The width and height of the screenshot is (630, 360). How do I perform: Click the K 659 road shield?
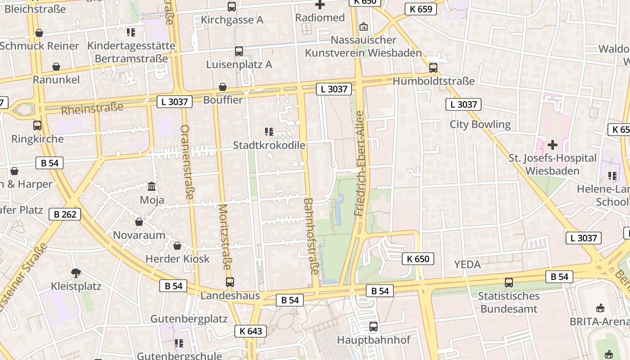[x=421, y=9]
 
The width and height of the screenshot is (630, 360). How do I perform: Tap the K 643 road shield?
[x=251, y=331]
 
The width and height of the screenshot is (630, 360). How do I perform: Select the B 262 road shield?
[x=65, y=214]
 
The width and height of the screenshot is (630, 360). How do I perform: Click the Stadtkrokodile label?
[x=269, y=145]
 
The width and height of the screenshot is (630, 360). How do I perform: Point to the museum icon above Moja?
[x=152, y=186]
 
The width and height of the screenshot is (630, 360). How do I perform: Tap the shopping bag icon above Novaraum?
[x=139, y=221]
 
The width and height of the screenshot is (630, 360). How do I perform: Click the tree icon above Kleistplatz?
[x=76, y=272]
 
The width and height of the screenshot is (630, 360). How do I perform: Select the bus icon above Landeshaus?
[x=230, y=282]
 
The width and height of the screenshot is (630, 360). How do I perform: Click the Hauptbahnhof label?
[x=373, y=340]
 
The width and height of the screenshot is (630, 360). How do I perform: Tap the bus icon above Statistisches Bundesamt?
[x=509, y=283]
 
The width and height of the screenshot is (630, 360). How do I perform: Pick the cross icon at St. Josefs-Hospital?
[x=553, y=145]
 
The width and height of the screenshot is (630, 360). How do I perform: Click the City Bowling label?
[x=480, y=124]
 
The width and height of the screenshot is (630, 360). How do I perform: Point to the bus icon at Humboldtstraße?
[x=433, y=68]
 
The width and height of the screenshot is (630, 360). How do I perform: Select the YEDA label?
[x=467, y=264]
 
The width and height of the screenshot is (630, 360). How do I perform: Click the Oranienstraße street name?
[x=186, y=162]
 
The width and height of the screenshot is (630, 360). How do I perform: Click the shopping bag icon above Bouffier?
[x=223, y=87]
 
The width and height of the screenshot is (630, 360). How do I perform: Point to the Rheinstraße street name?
[x=92, y=109]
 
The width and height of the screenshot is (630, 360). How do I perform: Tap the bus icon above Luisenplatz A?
[x=239, y=51]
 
